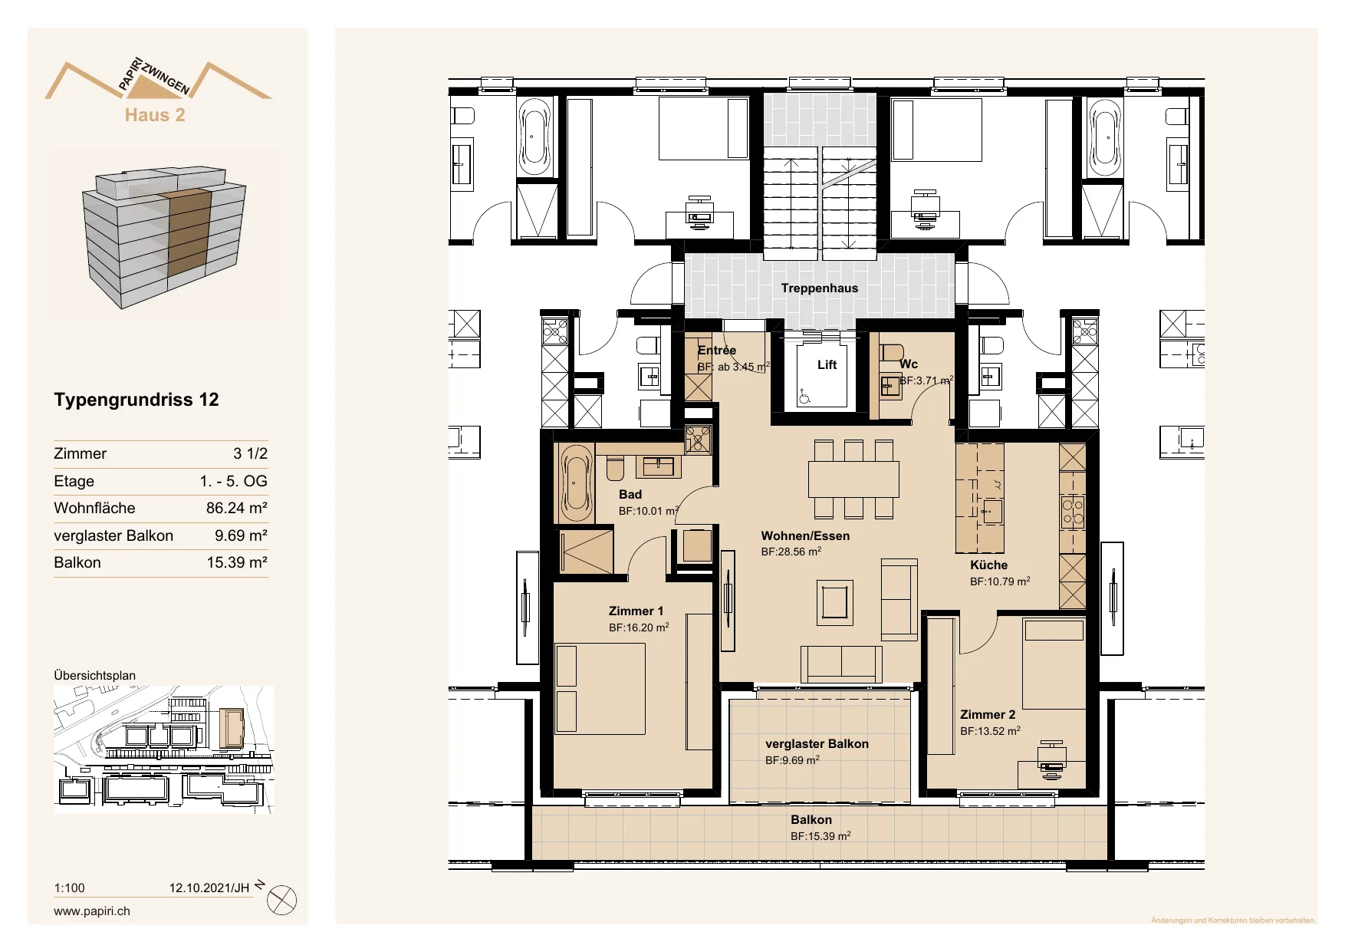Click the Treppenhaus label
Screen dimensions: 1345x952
819,288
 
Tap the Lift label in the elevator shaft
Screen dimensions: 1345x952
827,365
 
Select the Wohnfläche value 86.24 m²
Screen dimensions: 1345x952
236,508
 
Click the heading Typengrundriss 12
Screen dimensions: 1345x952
136,400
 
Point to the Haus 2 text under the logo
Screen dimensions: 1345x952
155,115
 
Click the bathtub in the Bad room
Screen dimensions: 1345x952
575,483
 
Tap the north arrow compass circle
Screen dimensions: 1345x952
281,900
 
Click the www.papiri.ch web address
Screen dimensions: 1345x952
92,911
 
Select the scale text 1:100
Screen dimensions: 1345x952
69,888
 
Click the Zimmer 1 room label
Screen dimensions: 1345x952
636,611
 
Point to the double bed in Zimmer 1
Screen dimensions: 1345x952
600,689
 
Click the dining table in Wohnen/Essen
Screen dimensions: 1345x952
853,479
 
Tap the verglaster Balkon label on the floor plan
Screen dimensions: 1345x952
817,744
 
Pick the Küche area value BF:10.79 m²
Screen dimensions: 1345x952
1000,581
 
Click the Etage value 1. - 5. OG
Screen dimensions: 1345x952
233,481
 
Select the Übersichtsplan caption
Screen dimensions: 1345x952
94,676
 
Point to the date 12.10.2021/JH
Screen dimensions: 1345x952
209,888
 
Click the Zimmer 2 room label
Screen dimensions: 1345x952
988,715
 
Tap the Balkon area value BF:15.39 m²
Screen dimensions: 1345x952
820,836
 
